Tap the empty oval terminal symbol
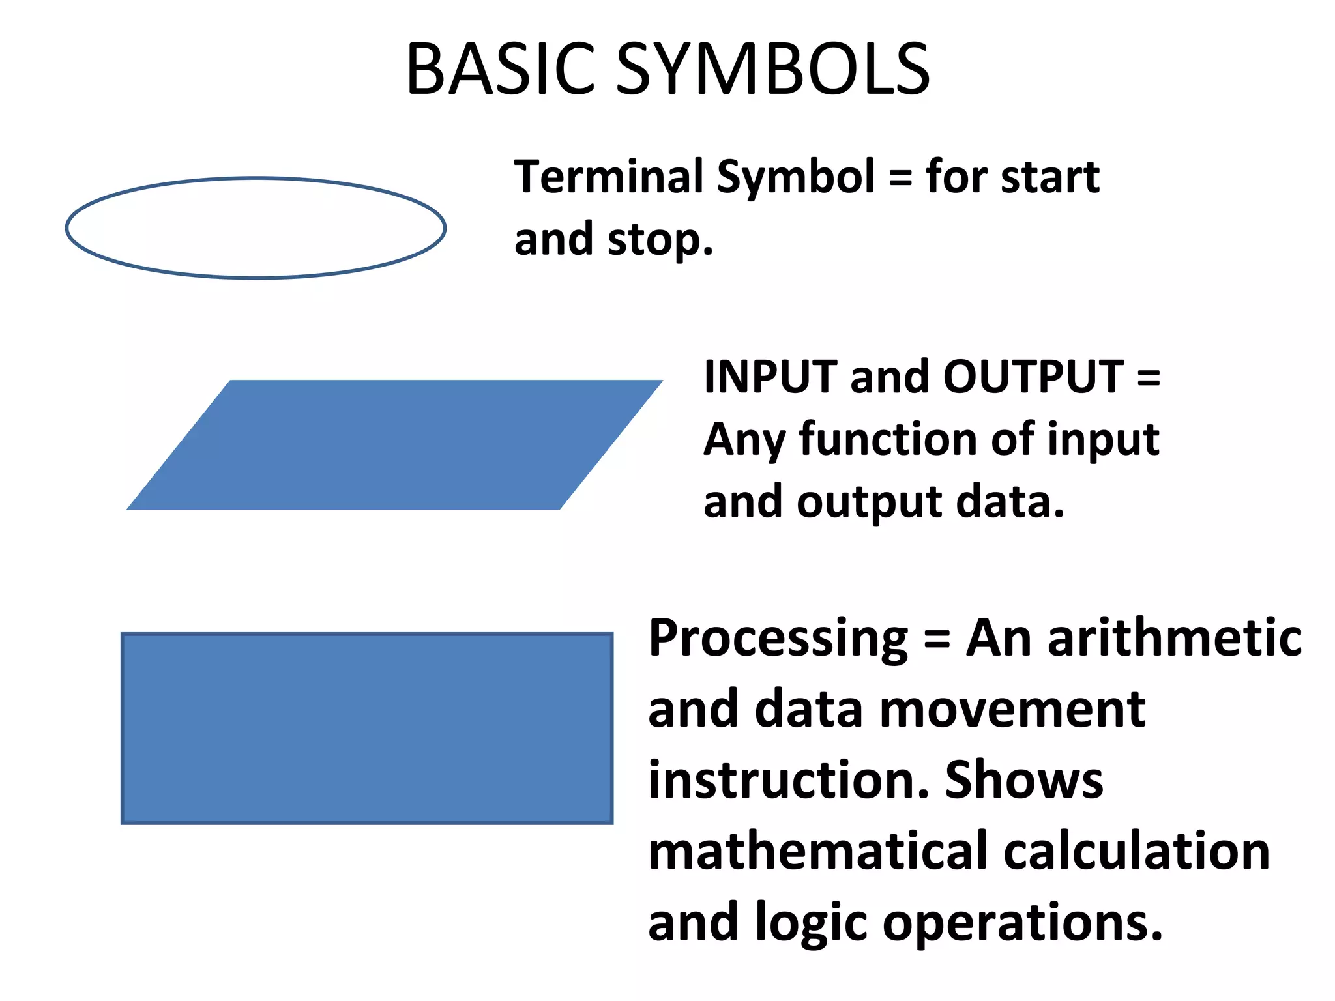[256, 228]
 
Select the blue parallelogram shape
[394, 444]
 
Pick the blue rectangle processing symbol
[367, 728]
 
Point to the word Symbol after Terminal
[795, 178]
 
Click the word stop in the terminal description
[660, 240]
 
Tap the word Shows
[1024, 780]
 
